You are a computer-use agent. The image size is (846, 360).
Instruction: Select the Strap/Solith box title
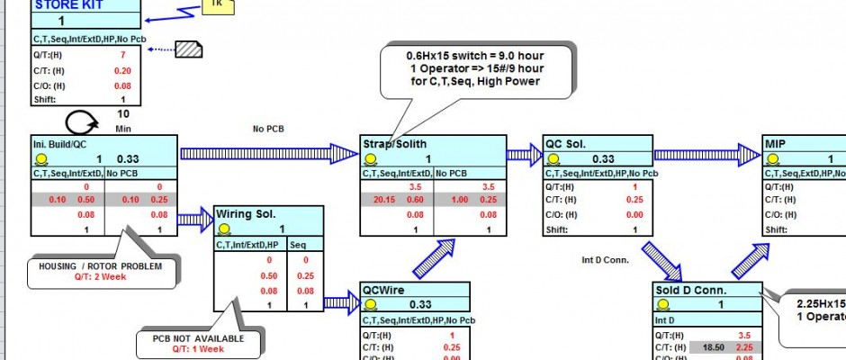395,143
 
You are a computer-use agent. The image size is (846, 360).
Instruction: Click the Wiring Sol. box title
247,214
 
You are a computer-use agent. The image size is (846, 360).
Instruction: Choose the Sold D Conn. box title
689,290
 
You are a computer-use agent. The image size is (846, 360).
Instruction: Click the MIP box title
776,143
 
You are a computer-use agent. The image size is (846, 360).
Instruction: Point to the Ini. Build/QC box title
65,143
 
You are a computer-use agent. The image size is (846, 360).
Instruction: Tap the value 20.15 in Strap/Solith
383,200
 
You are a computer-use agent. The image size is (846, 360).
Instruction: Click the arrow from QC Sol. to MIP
707,155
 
